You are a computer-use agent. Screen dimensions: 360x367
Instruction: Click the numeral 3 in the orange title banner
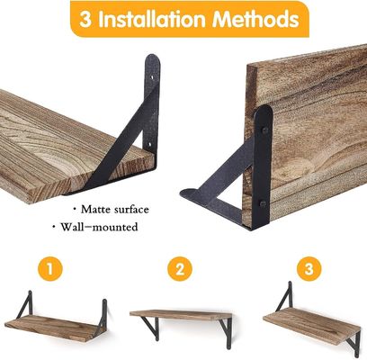[x=87, y=19]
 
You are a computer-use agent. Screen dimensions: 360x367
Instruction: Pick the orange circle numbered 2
[x=180, y=269]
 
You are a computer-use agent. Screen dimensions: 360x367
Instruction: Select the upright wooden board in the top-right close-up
[x=306, y=117]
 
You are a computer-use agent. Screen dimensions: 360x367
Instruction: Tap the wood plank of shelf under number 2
[x=180, y=314]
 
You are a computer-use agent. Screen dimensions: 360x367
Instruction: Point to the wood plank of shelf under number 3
[x=310, y=324]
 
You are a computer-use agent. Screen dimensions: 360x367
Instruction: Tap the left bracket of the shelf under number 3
[x=288, y=297]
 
